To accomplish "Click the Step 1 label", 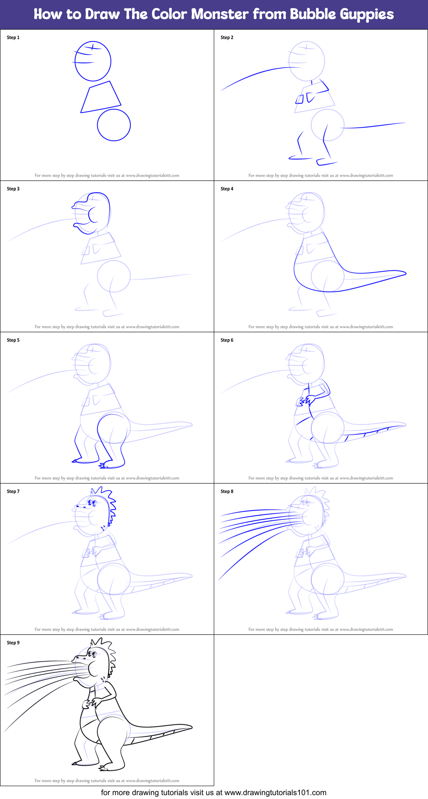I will pyautogui.click(x=13, y=38).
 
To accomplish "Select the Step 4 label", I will pyautogui.click(x=227, y=189).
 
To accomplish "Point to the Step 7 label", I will pyautogui.click(x=13, y=492).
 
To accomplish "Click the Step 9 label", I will pyautogui.click(x=13, y=643).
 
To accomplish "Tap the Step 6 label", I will pyautogui.click(x=227, y=340).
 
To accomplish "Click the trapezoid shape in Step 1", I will pyautogui.click(x=101, y=98).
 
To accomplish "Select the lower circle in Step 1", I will pyautogui.click(x=114, y=125).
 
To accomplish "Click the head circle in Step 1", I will pyautogui.click(x=93, y=61).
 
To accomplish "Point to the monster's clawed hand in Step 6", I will pyautogui.click(x=302, y=402).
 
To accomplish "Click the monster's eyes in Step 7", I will pyautogui.click(x=91, y=502).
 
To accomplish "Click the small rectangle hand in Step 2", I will pyautogui.click(x=299, y=99).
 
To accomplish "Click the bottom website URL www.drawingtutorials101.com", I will pyautogui.click(x=275, y=793).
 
